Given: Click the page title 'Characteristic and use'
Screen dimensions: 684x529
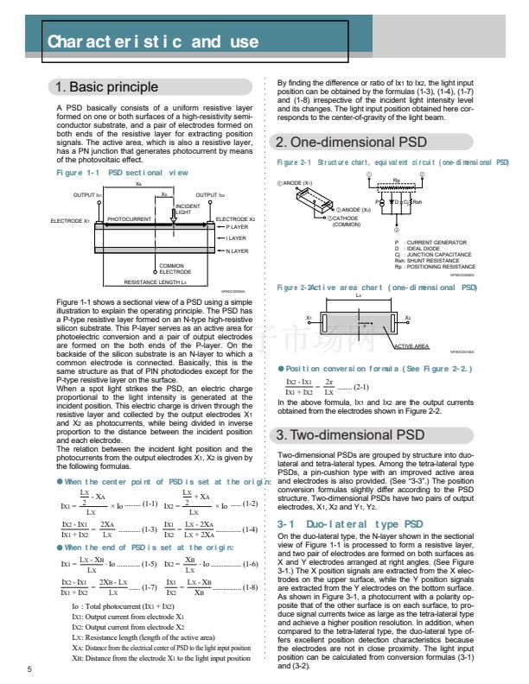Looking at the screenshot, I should pyautogui.click(x=152, y=41).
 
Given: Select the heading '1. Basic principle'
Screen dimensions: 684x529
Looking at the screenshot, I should pyautogui.click(x=106, y=86).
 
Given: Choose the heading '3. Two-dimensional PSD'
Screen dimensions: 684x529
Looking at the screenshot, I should pyautogui.click(x=350, y=434).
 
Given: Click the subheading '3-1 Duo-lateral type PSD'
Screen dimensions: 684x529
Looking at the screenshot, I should pyautogui.click(x=350, y=524).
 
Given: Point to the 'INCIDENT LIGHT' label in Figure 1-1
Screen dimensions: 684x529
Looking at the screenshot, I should pyautogui.click(x=188, y=209).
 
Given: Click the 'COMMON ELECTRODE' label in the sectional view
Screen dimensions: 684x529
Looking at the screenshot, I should pyautogui.click(x=170, y=269).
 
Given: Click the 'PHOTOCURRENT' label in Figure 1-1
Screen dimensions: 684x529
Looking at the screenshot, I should pyautogui.click(x=129, y=219).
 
